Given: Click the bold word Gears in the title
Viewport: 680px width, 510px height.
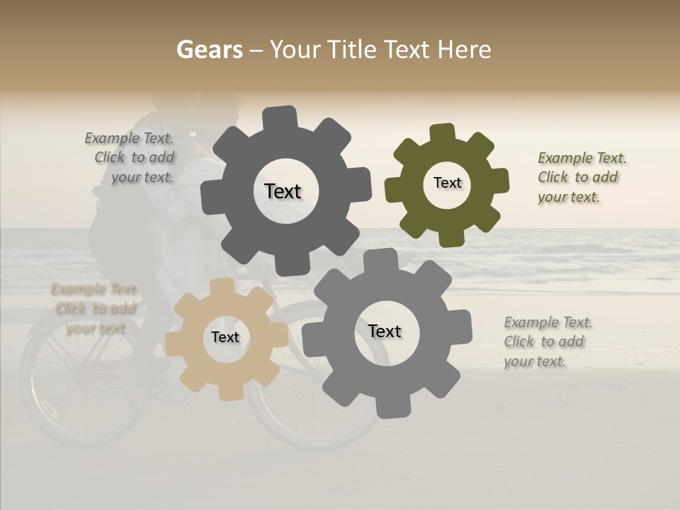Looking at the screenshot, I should [x=208, y=50].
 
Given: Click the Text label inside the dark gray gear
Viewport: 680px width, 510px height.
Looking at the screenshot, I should [x=283, y=191].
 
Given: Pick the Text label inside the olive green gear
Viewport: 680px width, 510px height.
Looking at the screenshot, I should [x=447, y=183].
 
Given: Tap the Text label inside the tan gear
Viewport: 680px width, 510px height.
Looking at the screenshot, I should [x=225, y=337].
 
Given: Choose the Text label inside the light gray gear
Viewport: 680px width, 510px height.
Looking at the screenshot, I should [x=385, y=331].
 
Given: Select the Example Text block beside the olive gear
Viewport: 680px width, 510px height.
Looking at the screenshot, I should [x=582, y=177].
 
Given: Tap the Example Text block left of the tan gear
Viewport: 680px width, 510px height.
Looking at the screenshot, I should [x=93, y=309].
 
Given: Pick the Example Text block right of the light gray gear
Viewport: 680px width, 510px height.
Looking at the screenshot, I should [x=548, y=342].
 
